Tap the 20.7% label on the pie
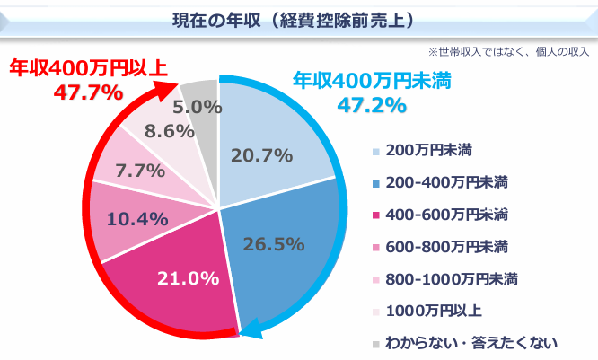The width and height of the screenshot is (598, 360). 261,155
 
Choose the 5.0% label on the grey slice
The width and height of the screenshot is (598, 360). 198,106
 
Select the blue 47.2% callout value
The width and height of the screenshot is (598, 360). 371,105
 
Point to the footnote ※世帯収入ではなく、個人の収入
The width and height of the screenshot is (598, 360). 508,51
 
